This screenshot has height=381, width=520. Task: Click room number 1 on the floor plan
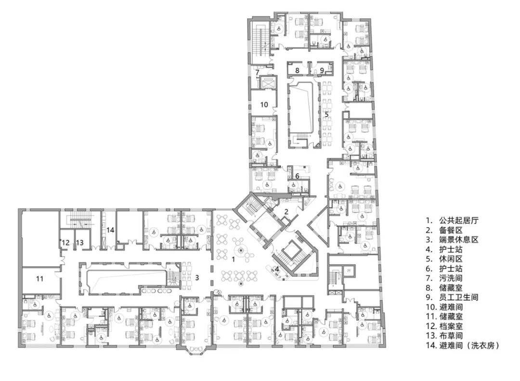tap(233, 259)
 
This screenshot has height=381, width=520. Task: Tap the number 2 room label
tap(286, 211)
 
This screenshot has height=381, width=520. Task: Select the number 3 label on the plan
tap(197, 278)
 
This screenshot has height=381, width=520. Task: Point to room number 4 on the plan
tap(276, 268)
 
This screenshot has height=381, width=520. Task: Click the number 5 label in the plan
tap(326, 114)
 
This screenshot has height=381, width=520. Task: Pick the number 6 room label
tap(297, 176)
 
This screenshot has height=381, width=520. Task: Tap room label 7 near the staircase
tap(257, 72)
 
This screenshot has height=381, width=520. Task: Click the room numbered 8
tap(297, 70)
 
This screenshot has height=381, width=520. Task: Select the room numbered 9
tap(322, 70)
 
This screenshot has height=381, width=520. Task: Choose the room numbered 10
tap(264, 105)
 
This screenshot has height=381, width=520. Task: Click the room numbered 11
tap(39, 279)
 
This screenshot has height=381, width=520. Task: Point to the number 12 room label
tap(65, 242)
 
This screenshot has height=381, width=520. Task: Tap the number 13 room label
tap(79, 242)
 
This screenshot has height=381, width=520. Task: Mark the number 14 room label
tap(110, 229)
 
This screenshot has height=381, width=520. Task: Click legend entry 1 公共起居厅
tap(452, 220)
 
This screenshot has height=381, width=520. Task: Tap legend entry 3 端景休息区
tap(452, 240)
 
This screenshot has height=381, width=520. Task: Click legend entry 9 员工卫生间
tap(452, 297)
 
